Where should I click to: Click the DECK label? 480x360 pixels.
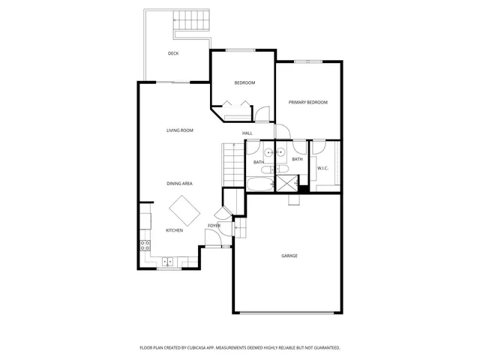tap(173, 53)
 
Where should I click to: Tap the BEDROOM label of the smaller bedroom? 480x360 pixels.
tap(244, 82)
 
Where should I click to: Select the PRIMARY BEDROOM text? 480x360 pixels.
tap(308, 102)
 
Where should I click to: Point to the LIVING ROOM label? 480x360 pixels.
tap(180, 130)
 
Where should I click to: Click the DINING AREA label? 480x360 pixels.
tap(180, 183)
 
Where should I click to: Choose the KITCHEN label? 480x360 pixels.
tap(174, 230)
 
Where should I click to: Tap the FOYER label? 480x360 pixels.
tap(214, 225)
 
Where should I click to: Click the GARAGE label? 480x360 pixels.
tap(289, 256)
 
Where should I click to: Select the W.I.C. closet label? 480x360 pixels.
tap(322, 168)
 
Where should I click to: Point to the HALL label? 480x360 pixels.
tap(247, 133)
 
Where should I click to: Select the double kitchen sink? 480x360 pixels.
tap(168, 261)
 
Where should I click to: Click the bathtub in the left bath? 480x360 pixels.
tap(261, 184)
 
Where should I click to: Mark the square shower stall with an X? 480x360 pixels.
tap(286, 183)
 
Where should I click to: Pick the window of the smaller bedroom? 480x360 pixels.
tap(241, 50)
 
